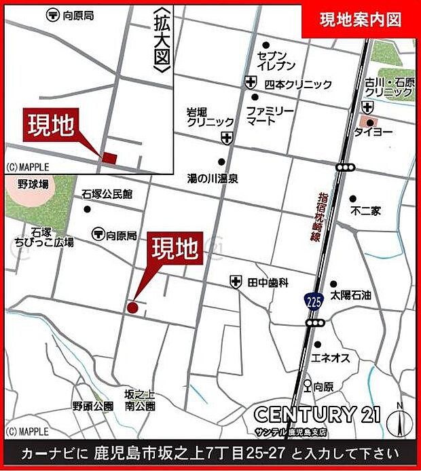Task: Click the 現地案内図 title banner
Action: (361, 20)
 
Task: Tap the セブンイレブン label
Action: (277, 60)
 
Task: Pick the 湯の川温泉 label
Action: (213, 179)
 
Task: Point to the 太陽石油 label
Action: (351, 296)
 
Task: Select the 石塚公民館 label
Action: (107, 194)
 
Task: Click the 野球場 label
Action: (33, 184)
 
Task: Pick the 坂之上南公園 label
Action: (140, 400)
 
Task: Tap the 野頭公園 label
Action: (93, 406)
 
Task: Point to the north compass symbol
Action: (399, 421)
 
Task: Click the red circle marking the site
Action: (132, 307)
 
